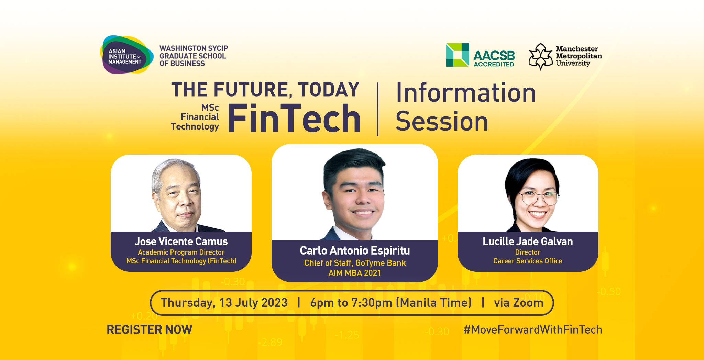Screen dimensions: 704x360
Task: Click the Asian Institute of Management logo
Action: pos(126,55)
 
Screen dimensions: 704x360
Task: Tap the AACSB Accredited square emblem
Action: pos(457,55)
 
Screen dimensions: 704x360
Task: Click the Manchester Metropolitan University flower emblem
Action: pos(541,57)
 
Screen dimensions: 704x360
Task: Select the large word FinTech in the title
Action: pos(294,119)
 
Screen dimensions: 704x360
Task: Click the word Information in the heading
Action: pos(466,92)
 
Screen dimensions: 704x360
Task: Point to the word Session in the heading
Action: pos(442,121)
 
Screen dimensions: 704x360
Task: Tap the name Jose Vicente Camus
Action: pos(181,241)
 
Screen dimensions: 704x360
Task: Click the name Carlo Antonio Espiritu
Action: pos(355,250)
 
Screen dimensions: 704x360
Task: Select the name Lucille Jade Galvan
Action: pos(528,241)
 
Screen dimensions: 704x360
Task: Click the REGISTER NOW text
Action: pos(150,330)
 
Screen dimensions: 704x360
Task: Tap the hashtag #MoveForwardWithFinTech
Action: pos(533,330)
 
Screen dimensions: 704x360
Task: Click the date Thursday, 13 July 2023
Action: pos(224,303)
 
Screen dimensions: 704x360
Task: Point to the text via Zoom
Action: pos(519,303)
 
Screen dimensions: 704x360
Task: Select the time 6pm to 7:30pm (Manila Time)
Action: pos(391,303)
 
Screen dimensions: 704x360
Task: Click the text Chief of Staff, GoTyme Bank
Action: pos(355,263)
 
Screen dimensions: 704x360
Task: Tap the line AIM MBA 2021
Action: pos(355,273)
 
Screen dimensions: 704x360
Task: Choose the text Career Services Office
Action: pos(528,261)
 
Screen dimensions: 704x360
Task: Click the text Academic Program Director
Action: pos(181,252)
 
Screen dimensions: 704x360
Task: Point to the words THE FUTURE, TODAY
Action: pos(265,90)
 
